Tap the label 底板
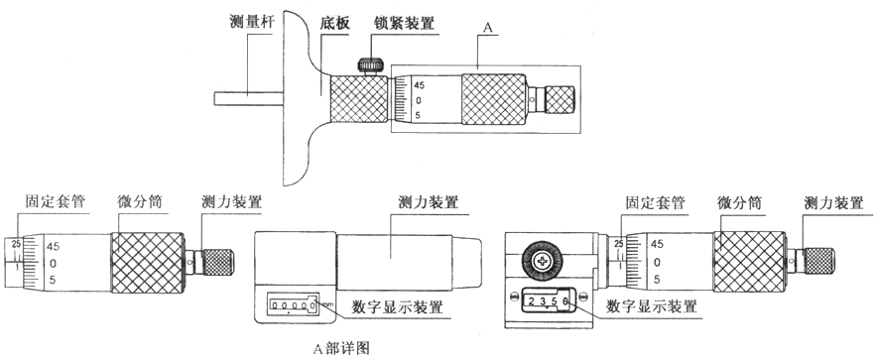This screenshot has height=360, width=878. (333, 24)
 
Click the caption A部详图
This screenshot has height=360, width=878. (341, 348)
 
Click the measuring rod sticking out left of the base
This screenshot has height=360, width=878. (249, 98)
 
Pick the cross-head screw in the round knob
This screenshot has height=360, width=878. (542, 261)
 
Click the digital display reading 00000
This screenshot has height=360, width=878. (292, 305)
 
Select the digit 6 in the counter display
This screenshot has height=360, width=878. (565, 301)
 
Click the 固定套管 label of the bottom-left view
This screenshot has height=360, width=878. (55, 201)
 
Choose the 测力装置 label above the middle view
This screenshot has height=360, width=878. (428, 201)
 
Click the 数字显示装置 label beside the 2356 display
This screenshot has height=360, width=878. (651, 305)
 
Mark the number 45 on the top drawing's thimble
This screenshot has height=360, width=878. (420, 85)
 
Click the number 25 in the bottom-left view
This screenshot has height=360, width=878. (16, 244)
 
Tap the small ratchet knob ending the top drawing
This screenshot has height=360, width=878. (560, 99)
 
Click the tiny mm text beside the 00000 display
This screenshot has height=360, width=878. (327, 304)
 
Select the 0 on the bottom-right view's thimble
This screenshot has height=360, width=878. (657, 262)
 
